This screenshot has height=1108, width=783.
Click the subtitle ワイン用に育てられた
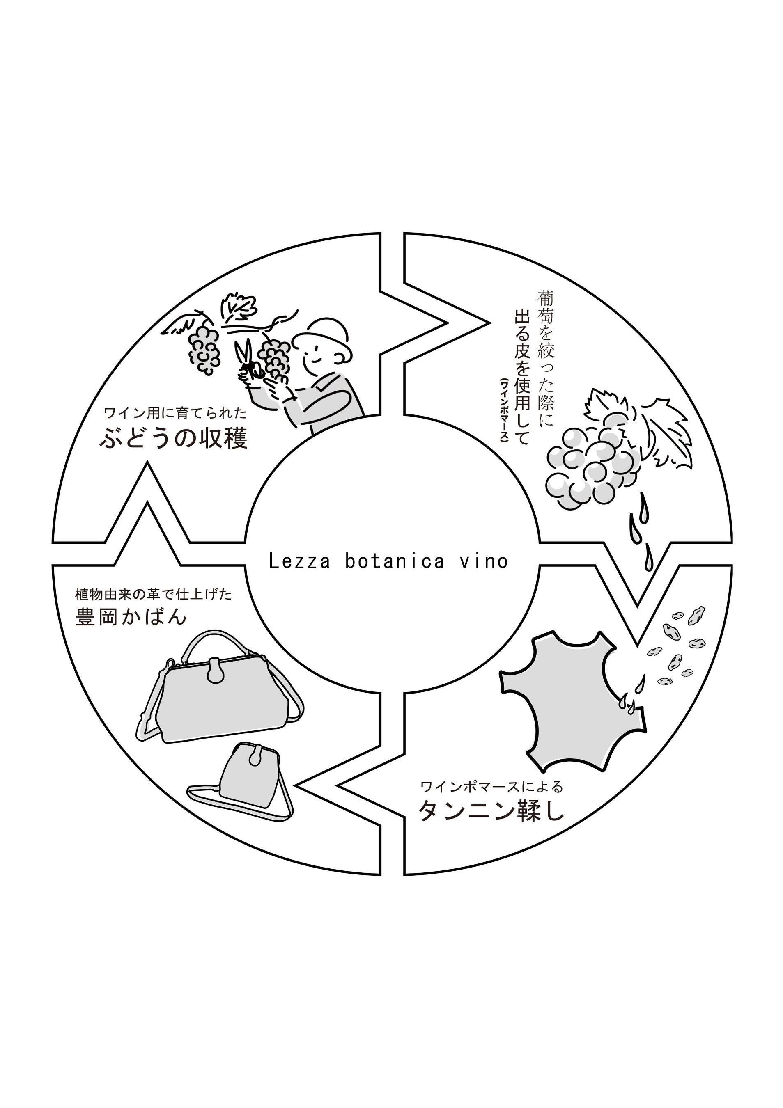click(x=175, y=413)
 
